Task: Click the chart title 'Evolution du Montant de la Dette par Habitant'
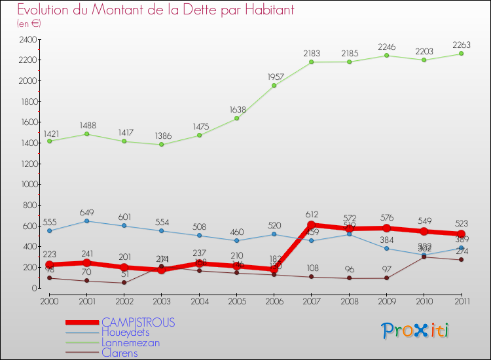pos(156,10)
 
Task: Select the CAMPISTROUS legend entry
pos(138,322)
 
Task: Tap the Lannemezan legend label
pos(130,342)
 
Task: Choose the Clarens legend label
pos(120,353)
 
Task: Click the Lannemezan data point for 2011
pos(461,54)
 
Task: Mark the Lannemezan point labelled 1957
pos(274,86)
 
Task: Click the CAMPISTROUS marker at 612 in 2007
pos(312,225)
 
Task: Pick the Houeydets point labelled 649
pos(87,221)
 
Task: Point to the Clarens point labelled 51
pos(124,283)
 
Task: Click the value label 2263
pos(461,45)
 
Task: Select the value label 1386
pos(162,136)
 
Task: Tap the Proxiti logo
pos(416,331)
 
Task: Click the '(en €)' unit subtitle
pos(29,24)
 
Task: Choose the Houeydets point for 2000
pos(50,230)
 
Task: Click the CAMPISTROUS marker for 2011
pos(461,234)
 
